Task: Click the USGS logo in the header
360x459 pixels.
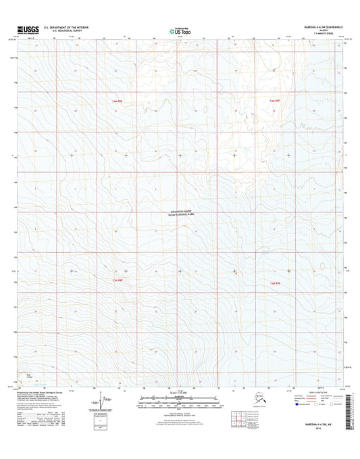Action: pyautogui.click(x=24, y=29)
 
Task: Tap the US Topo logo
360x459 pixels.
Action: pyautogui.click(x=180, y=30)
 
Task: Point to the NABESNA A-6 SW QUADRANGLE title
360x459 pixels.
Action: pyautogui.click(x=315, y=27)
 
